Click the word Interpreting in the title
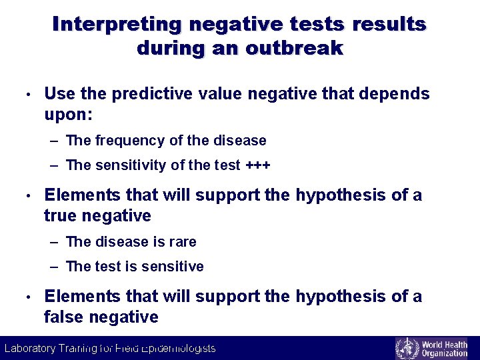117,24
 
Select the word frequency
128,141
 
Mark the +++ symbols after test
258,165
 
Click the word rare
183,241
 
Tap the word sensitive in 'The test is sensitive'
174,267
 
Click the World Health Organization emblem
406,348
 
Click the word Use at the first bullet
58,94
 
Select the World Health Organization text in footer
444,348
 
